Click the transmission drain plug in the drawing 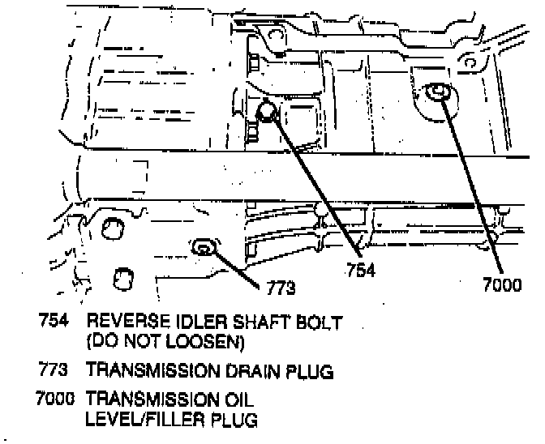(204, 247)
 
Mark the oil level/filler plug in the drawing (439, 93)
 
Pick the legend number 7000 (50, 399)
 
